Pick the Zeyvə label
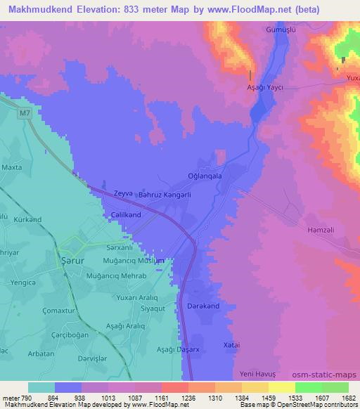[105, 192]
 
